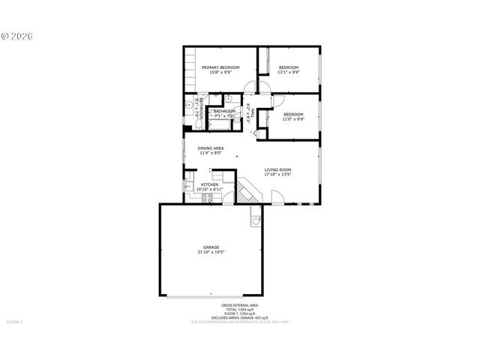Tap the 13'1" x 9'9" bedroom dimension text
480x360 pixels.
click(x=289, y=73)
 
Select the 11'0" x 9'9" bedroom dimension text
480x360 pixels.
click(x=292, y=119)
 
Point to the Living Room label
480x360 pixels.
click(x=277, y=169)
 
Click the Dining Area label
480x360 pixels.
click(x=211, y=148)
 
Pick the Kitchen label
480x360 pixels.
click(x=208, y=184)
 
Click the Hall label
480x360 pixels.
click(x=253, y=112)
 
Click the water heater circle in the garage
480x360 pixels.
click(x=255, y=221)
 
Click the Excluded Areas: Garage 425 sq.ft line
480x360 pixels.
click(x=239, y=318)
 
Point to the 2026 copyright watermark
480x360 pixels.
click(x=22, y=35)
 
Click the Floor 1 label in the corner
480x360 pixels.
click(x=15, y=322)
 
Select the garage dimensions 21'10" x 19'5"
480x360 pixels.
click(x=211, y=253)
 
